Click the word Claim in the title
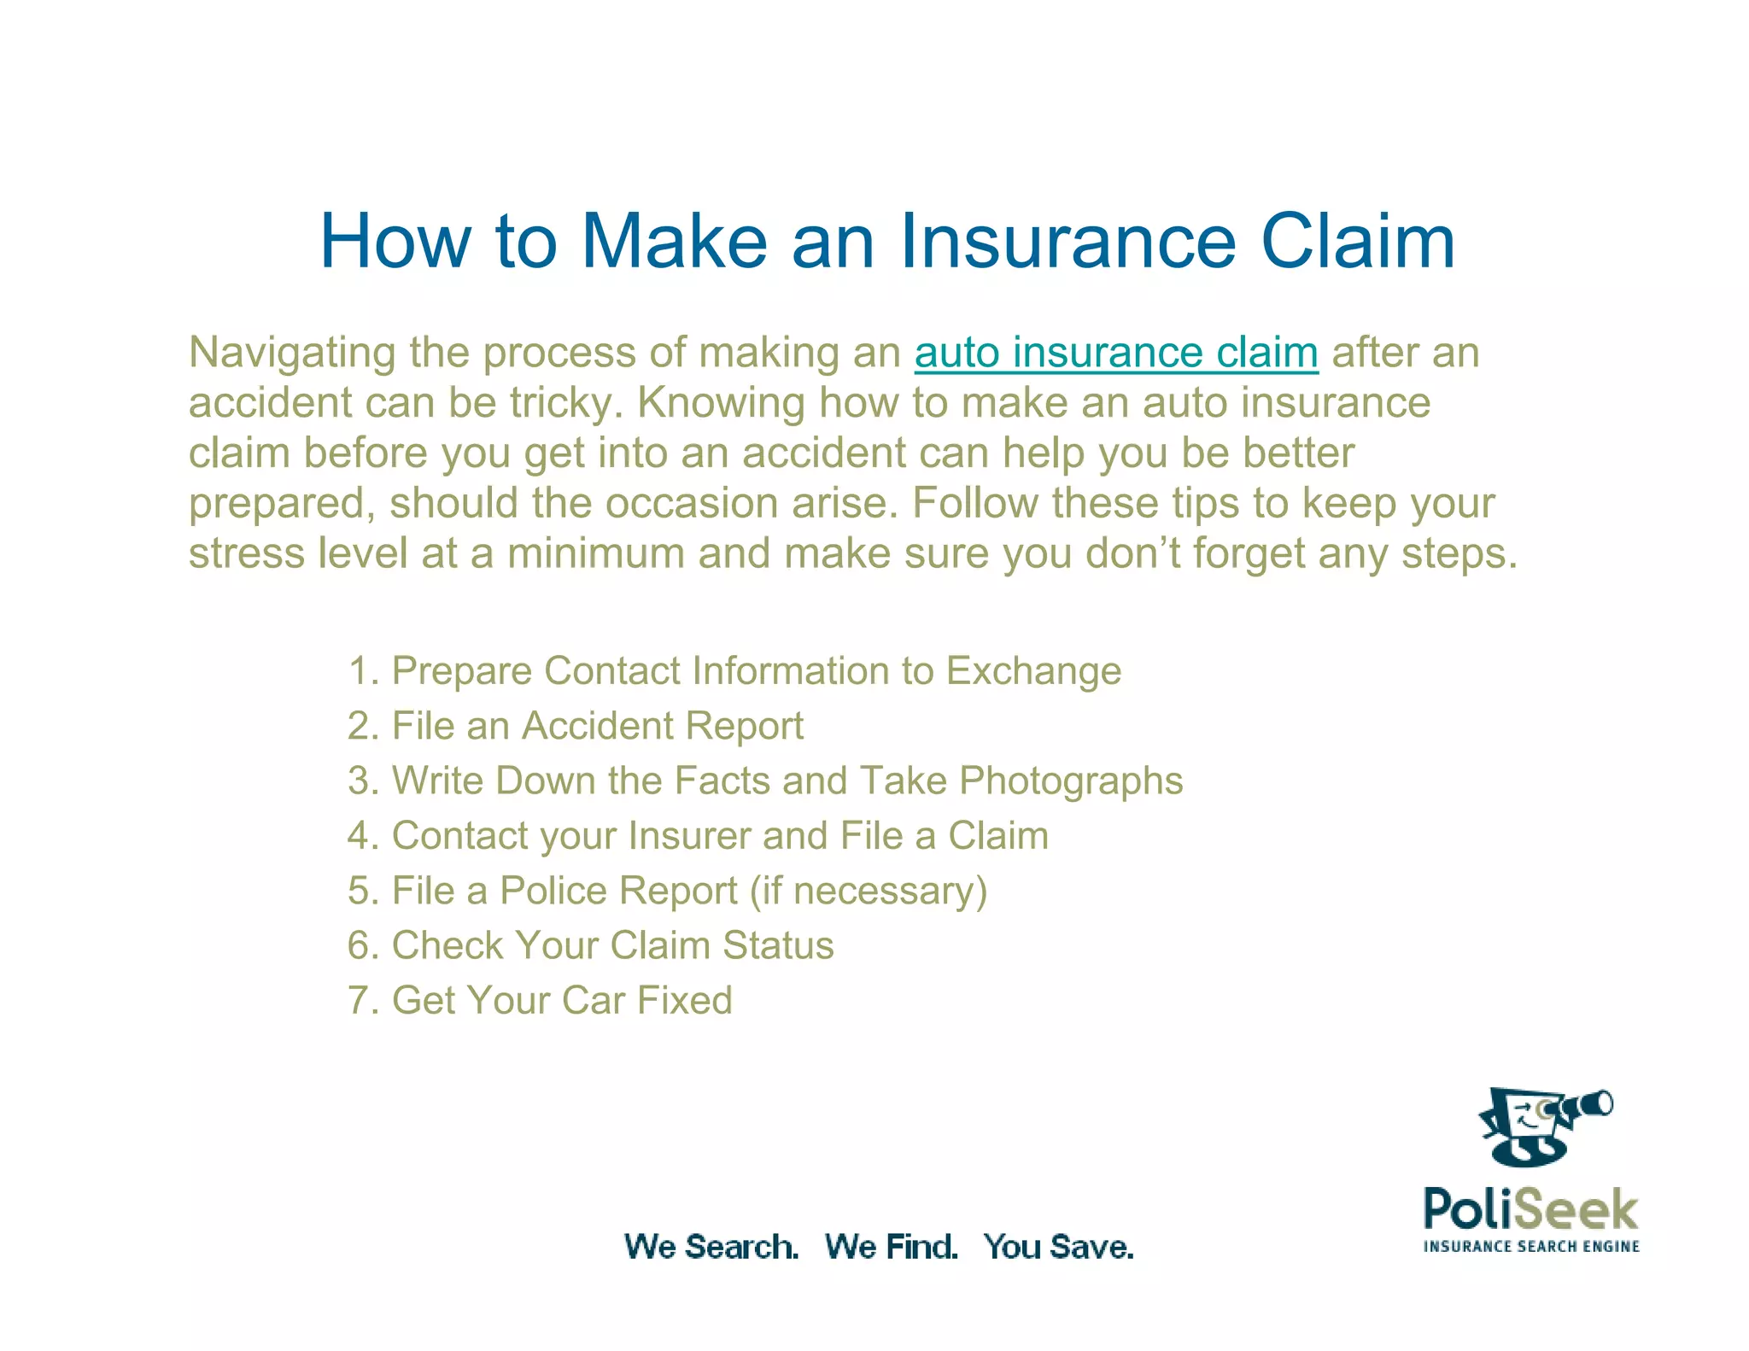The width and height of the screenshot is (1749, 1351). point(1357,242)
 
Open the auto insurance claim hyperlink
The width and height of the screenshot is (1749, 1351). point(1115,353)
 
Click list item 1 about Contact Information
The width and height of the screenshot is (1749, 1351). point(734,671)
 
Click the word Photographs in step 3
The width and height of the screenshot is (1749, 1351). point(1071,781)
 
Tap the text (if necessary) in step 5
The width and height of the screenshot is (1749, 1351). point(869,891)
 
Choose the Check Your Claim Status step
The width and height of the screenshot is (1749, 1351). point(590,946)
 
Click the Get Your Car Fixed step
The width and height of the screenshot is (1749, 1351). point(540,1001)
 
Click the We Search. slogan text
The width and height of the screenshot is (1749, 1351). point(711,1247)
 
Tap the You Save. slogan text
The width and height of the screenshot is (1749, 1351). point(1058,1247)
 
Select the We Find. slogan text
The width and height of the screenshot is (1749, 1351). point(891,1247)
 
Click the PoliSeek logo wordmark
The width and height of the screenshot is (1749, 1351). point(1530,1209)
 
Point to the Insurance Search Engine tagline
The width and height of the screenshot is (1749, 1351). point(1531,1247)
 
